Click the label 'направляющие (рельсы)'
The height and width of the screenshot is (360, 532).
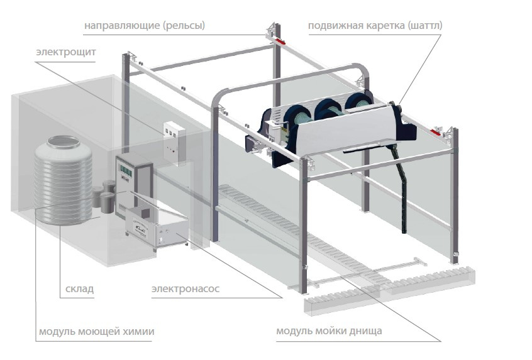point(145,26)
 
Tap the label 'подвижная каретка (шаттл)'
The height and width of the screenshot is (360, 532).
point(375,26)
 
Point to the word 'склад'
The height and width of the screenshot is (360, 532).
point(79,290)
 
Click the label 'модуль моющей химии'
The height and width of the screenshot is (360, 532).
point(96,331)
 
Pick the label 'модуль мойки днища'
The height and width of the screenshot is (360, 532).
point(329,331)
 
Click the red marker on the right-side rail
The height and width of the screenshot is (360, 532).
point(436,131)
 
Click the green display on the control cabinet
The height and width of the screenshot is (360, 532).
point(126,169)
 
